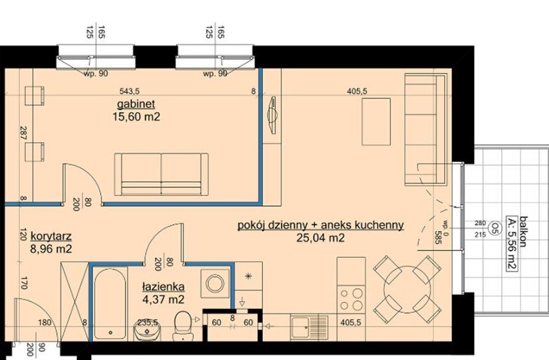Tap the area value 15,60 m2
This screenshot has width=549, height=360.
click(136, 117)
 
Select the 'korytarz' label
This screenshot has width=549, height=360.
click(52, 236)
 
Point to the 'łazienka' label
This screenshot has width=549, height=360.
click(163, 287)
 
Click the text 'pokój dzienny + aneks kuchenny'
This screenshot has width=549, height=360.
click(321, 225)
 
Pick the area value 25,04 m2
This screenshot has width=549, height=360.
click(321, 238)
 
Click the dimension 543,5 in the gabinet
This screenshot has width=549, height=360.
click(129, 92)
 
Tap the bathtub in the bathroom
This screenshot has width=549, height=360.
click(110, 304)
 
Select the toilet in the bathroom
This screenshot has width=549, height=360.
click(182, 325)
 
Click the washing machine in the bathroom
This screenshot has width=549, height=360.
click(214, 283)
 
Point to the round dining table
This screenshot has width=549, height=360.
click(407, 289)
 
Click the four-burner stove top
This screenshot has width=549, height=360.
click(351, 299)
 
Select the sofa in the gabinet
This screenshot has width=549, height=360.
click(161, 174)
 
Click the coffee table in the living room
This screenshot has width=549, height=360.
click(376, 122)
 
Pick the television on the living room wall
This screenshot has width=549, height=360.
click(273, 114)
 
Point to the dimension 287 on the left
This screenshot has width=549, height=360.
click(23, 134)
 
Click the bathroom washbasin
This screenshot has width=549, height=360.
click(147, 330)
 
